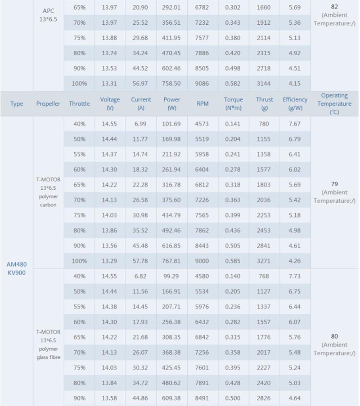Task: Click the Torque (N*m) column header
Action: [x=233, y=103]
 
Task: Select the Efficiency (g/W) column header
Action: [x=295, y=103]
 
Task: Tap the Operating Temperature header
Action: [x=334, y=103]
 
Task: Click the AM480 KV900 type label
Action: [x=17, y=268]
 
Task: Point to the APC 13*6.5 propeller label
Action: [x=48, y=15]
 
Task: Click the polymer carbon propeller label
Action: [x=48, y=192]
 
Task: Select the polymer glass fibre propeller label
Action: [x=48, y=345]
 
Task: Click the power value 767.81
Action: [x=171, y=261]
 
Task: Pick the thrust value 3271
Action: [x=264, y=261]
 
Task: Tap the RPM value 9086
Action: [x=202, y=84]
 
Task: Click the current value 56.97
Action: [x=140, y=84]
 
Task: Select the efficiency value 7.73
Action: [x=295, y=276]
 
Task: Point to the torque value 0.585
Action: [x=233, y=261]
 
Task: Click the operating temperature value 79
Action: [x=334, y=184]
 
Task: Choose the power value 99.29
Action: [x=171, y=276]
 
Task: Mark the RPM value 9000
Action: [x=202, y=261]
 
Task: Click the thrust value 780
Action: [x=264, y=124]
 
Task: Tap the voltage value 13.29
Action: [x=109, y=261]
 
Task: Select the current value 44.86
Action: [x=140, y=398]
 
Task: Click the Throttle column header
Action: [x=79, y=103]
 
